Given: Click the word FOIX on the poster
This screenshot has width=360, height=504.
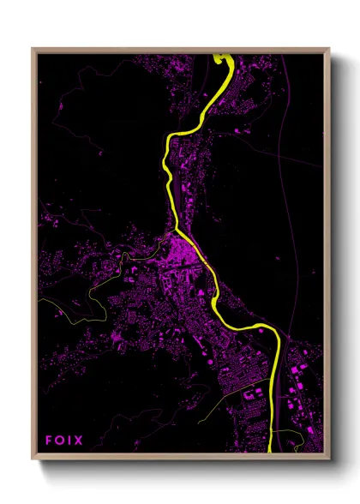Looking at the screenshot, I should click(64, 441).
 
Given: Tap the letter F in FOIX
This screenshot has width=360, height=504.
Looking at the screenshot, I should click(50, 441).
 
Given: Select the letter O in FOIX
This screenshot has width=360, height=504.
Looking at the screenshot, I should click(60, 441).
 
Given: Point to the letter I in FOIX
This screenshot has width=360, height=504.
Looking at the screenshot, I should click(69, 441).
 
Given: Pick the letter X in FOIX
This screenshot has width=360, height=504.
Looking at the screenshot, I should click(78, 441).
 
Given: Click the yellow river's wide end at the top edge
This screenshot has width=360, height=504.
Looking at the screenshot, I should click(224, 59).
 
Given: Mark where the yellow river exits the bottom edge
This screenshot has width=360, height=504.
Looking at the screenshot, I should click(273, 449).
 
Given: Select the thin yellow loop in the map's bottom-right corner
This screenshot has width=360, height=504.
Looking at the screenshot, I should click(296, 442).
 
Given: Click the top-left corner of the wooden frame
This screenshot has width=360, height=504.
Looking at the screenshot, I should click(33, 50).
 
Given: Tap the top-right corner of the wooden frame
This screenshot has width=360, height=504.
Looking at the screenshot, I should click(329, 50).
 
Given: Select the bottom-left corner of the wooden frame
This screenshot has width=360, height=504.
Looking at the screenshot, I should click(33, 459).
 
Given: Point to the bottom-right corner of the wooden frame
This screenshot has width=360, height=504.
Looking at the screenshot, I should click(329, 459).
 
